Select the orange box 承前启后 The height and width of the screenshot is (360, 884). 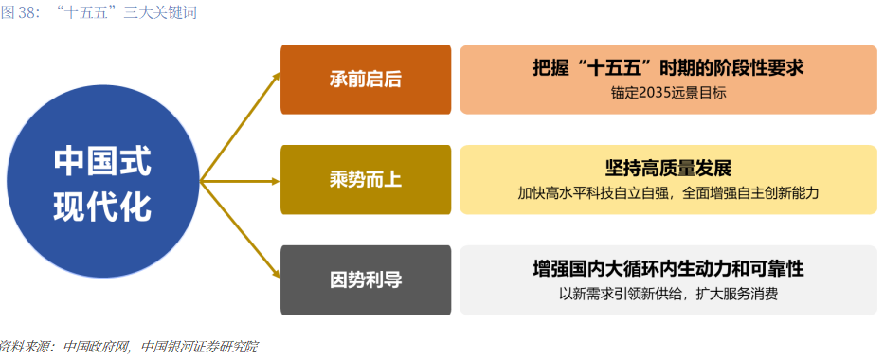(366, 79)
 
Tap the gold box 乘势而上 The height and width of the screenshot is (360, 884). (366, 180)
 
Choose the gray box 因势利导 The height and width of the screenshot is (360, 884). (366, 279)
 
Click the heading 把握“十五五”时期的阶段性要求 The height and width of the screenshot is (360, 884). (669, 69)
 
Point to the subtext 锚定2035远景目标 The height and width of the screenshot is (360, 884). (669, 94)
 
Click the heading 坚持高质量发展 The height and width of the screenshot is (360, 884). (669, 169)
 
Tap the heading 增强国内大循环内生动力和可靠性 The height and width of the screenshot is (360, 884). (669, 269)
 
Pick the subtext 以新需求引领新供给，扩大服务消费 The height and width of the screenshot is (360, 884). (669, 294)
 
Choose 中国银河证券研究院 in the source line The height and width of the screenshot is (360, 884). (199, 347)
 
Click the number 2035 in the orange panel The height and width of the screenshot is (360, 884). (644, 94)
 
